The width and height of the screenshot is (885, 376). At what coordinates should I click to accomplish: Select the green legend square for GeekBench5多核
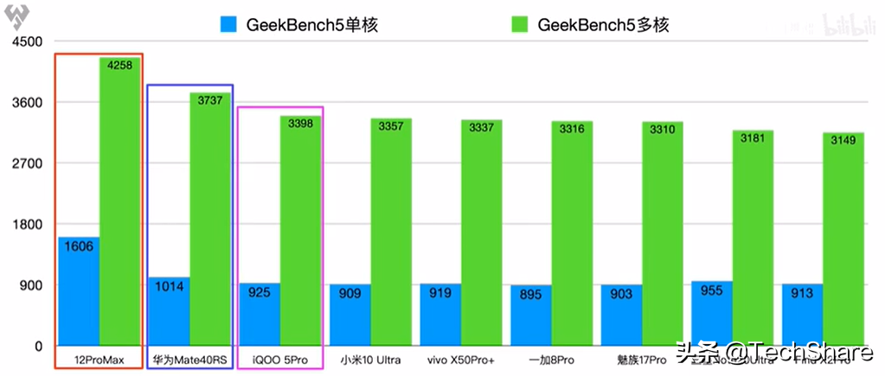[x=521, y=25]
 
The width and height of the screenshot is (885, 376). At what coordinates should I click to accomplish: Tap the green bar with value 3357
[x=392, y=233]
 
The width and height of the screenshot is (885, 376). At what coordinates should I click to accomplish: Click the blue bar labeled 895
[x=530, y=316]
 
